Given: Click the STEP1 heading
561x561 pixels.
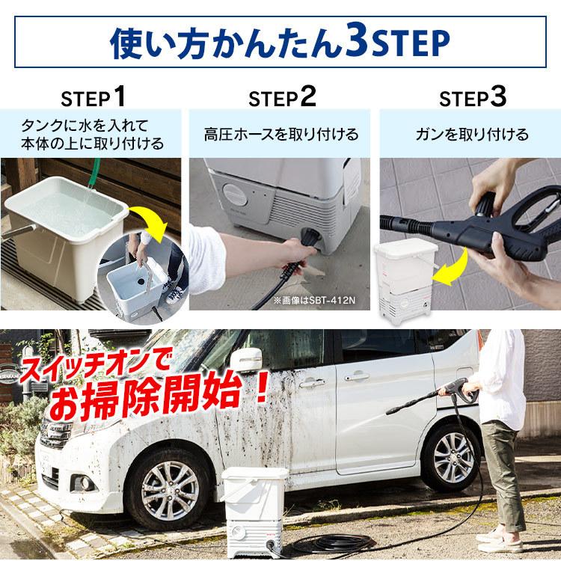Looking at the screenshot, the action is [93, 97].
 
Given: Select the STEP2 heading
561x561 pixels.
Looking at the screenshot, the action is [282, 97].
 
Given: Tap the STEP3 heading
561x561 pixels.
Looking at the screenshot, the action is [473, 97].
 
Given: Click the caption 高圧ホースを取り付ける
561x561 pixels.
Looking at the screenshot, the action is [281, 135].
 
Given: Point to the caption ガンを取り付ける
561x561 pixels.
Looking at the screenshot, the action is [472, 135].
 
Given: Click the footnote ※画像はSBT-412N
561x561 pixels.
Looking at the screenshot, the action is [314, 300].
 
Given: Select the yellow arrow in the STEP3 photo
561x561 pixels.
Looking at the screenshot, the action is [451, 269].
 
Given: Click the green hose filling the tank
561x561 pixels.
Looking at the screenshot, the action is [93, 175].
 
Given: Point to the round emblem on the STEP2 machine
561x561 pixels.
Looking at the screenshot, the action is [235, 194].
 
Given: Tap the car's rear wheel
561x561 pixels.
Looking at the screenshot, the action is [452, 458].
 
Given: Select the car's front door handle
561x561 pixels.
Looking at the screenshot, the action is [312, 383].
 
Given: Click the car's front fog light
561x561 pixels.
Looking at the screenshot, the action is [85, 483].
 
